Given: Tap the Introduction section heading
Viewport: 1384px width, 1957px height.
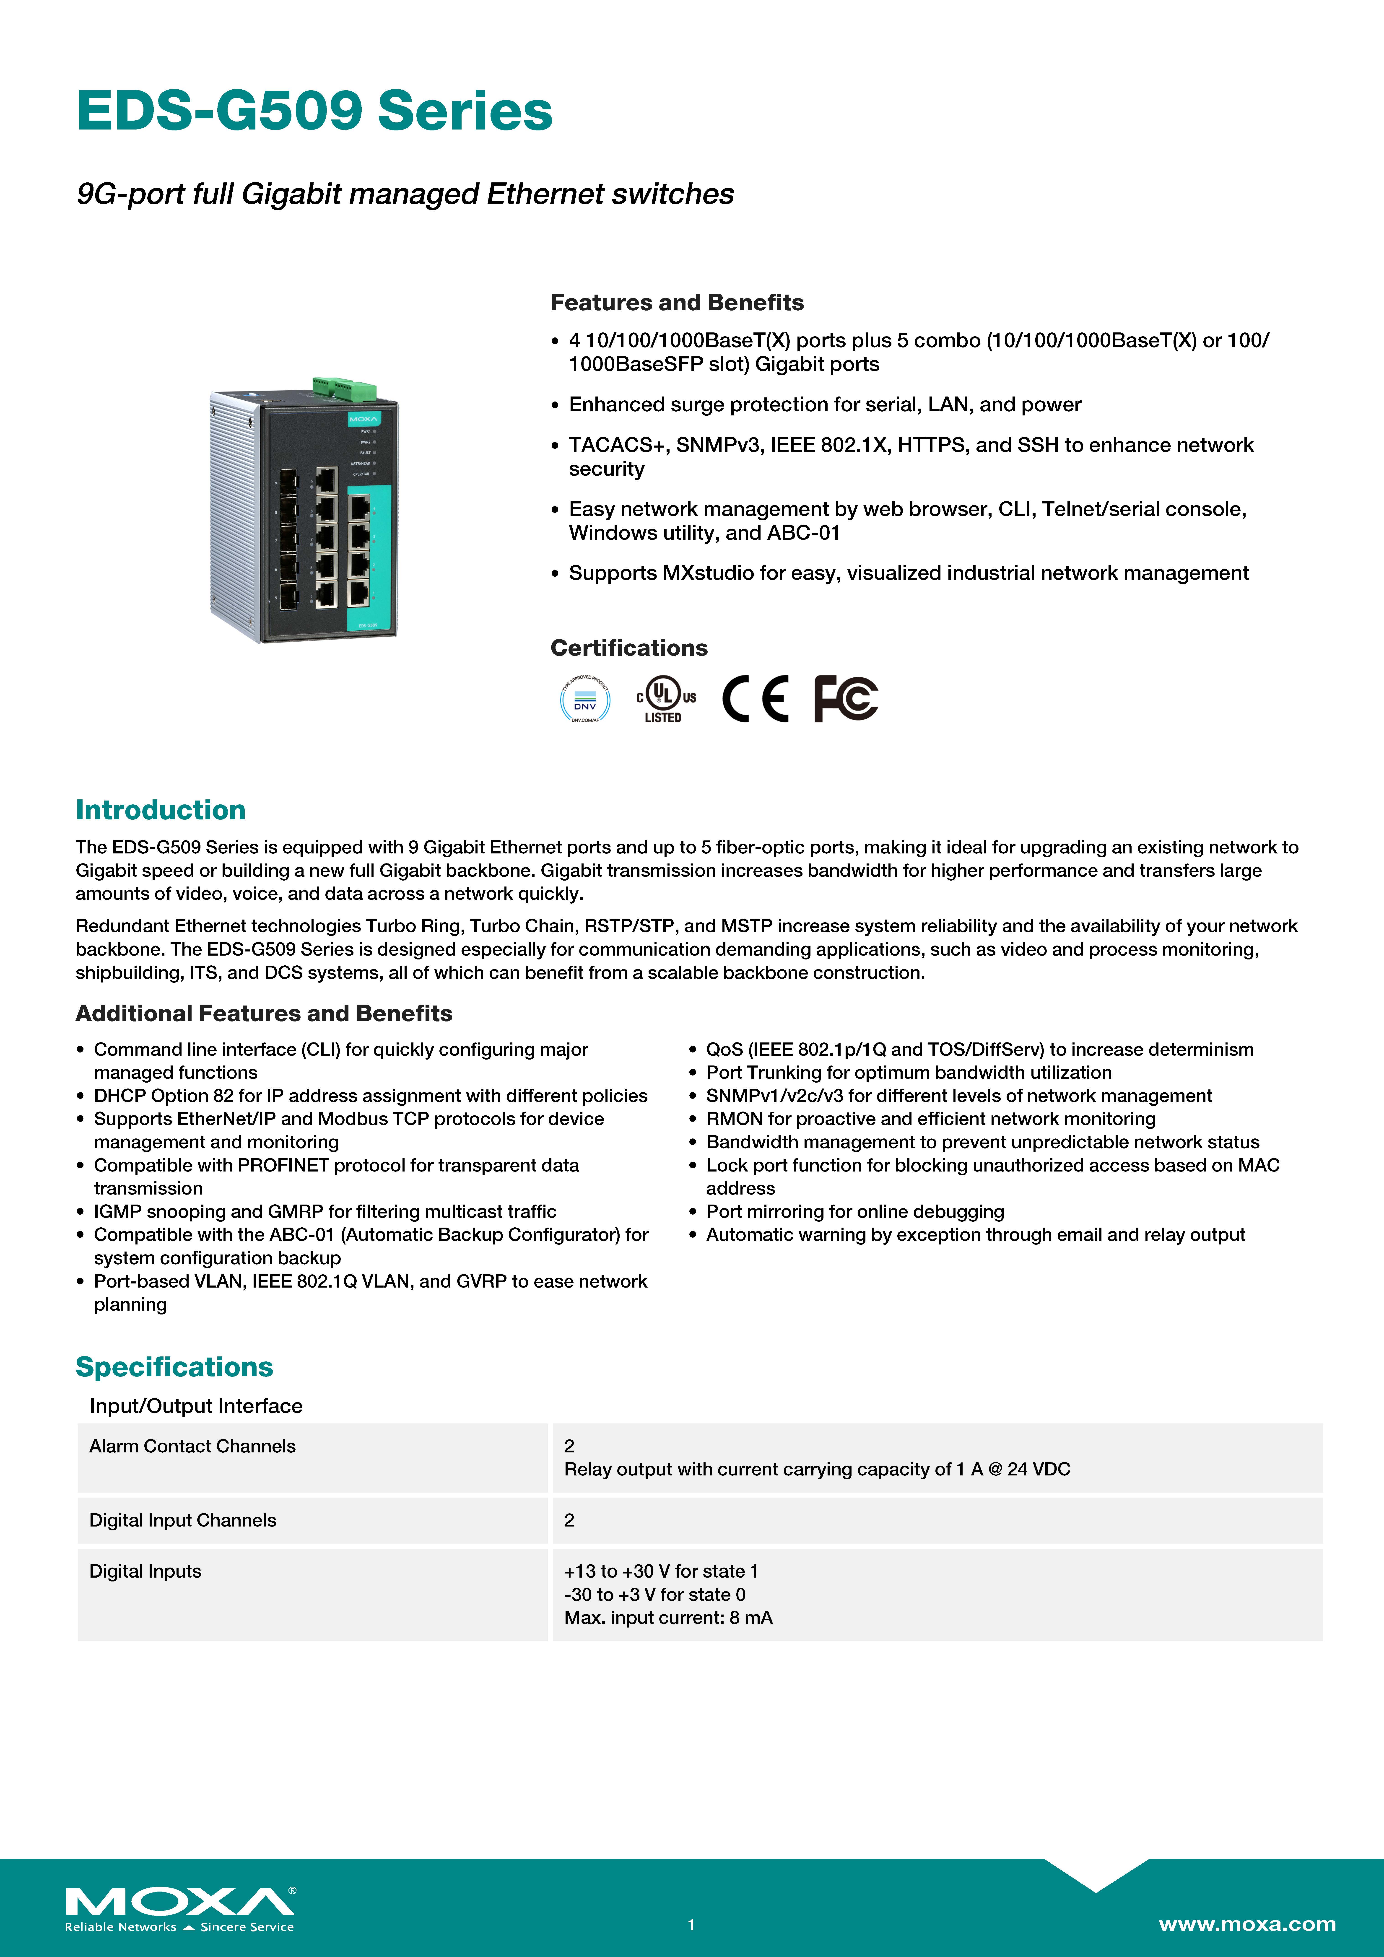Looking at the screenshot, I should point(160,810).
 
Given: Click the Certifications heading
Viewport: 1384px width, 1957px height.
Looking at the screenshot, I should point(628,648).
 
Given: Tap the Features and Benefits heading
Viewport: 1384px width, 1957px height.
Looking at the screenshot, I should point(676,303).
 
